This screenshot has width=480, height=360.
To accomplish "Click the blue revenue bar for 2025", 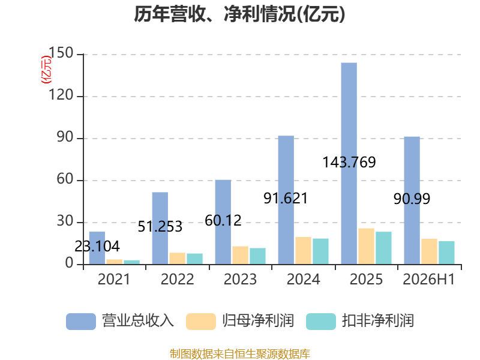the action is [349, 163].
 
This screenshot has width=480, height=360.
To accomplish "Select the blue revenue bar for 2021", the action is [97, 248].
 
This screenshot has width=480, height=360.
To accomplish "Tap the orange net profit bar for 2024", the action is [304, 250].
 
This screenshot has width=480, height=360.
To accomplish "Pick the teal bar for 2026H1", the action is [446, 253].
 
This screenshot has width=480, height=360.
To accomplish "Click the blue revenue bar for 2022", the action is [160, 229].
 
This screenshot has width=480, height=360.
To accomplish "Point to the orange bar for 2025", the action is [367, 246].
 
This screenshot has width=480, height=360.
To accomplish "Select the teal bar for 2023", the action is [258, 256].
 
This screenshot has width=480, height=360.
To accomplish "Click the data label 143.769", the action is [349, 162].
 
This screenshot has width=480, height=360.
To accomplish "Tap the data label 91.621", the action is [286, 199].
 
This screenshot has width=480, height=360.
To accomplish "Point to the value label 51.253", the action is [160, 227].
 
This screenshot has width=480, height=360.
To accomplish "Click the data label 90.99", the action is [412, 199].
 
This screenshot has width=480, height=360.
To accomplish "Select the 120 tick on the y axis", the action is [61, 95].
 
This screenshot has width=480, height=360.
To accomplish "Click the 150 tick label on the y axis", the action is [61, 53].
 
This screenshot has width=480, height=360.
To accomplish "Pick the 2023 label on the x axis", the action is [241, 279].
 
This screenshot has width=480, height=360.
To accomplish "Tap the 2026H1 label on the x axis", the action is [429, 279].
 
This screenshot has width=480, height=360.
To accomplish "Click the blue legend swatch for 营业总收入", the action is [81, 322].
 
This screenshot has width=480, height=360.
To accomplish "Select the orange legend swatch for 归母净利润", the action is [201, 322].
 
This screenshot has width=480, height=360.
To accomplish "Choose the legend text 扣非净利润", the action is [378, 321].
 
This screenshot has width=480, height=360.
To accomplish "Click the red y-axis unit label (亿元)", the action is [46, 70].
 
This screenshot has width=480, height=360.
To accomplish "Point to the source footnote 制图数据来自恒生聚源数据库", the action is [240, 354].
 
